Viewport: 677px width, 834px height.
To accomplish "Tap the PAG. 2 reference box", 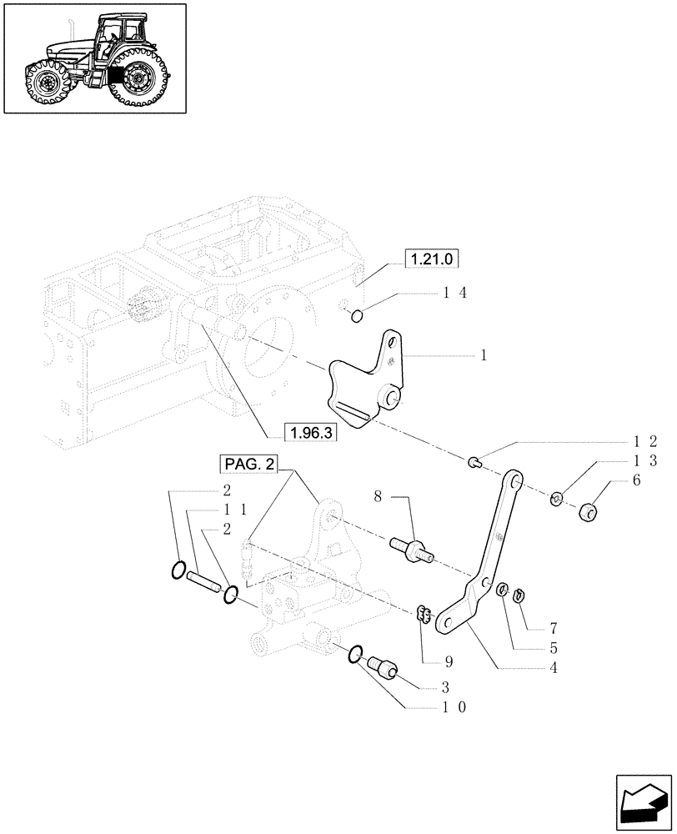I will tap(249, 464).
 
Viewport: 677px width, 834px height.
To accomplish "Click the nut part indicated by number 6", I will tap(591, 509).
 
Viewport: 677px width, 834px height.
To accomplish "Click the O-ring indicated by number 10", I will tap(356, 655).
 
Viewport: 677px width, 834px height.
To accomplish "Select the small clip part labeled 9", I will tap(423, 615).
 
